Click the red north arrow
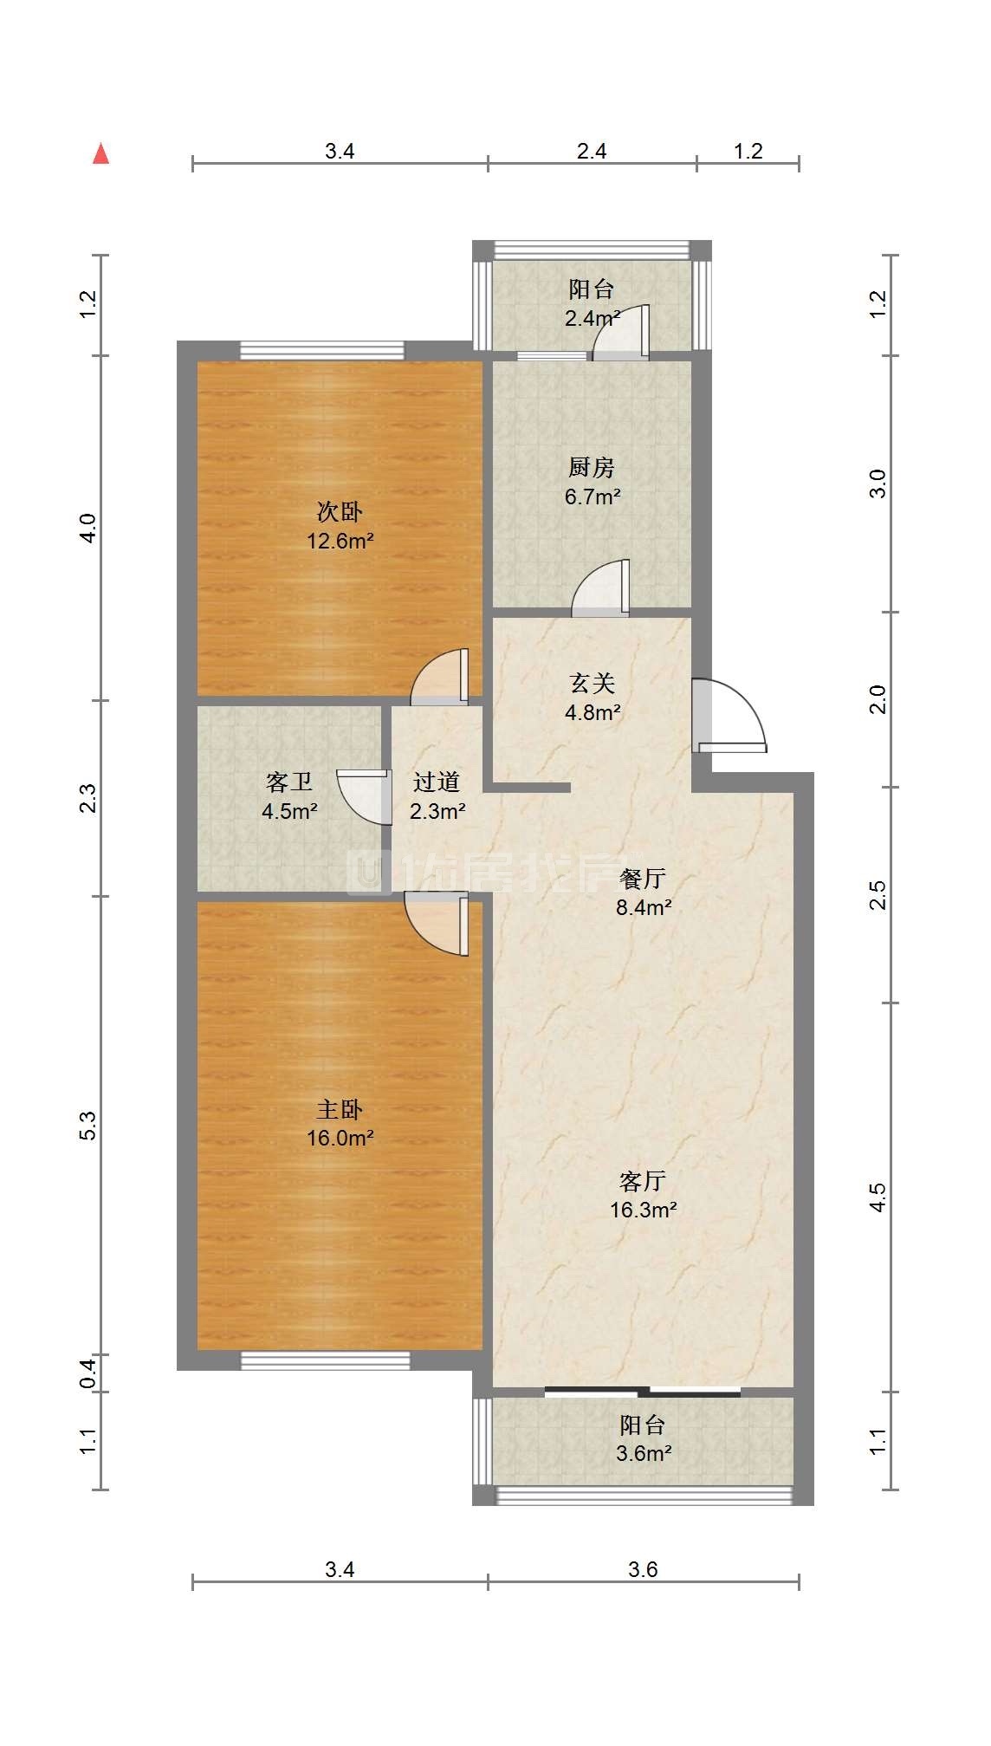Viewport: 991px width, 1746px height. pos(101,153)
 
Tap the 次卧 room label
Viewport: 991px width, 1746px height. pos(340,511)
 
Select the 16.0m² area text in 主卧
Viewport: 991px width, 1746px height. pos(340,1138)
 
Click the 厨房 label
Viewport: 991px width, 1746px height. pos(592,468)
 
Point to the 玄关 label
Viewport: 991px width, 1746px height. pos(593,684)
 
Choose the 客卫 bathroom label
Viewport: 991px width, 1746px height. pos(289,782)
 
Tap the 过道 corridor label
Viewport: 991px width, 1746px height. pos(436,782)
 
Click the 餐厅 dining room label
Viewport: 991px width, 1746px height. pos(643,879)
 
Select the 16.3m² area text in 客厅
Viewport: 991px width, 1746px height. pos(643,1210)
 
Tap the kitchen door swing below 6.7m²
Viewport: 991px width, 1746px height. pos(600,588)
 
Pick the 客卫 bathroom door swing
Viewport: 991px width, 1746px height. pos(362,796)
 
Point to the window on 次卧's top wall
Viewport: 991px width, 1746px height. pos(322,350)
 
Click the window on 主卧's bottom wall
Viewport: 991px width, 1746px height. pos(325,1361)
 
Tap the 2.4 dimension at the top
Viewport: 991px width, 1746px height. pos(592,151)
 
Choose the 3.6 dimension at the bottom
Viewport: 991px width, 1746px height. pos(643,1569)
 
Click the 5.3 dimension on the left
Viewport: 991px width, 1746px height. pos(87,1126)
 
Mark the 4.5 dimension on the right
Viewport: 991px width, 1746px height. pos(878,1198)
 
